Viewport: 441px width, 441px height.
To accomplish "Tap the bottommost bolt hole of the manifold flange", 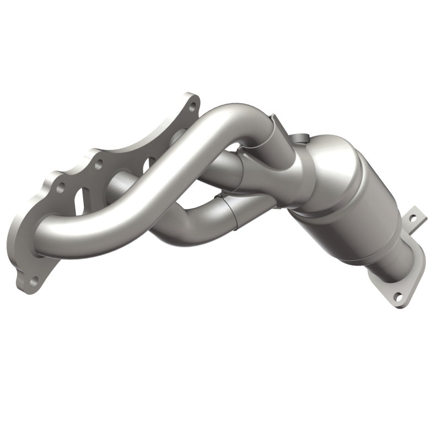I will [34, 281].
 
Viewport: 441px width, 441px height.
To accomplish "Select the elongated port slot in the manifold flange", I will [79, 199].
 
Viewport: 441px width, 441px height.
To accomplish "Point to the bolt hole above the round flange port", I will [99, 163].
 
